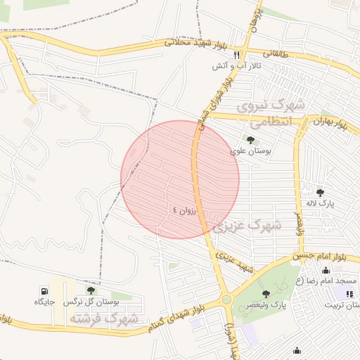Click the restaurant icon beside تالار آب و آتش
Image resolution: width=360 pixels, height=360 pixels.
pyautogui.click(x=237, y=55)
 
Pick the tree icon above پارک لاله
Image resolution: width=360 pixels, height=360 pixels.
pyautogui.click(x=320, y=192)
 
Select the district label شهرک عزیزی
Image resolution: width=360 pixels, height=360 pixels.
pyautogui.click(x=247, y=226)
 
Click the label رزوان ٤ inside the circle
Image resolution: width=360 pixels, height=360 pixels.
pyautogui.click(x=185, y=210)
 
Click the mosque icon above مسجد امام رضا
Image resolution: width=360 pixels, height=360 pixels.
pyautogui.click(x=326, y=271)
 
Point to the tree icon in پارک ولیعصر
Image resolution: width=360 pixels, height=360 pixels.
pyautogui.click(x=266, y=294)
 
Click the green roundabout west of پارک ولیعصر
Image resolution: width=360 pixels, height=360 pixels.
pyautogui.click(x=226, y=300)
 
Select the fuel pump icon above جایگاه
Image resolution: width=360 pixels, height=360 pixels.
pyautogui.click(x=46, y=290)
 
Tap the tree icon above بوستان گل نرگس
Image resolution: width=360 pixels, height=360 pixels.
pyautogui.click(x=91, y=290)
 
